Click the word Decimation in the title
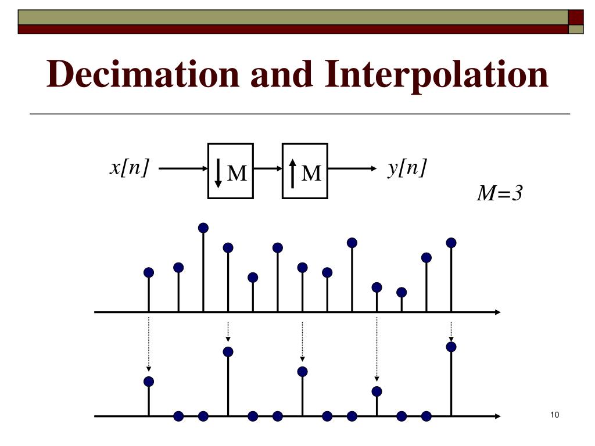[142, 75]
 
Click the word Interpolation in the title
[436, 75]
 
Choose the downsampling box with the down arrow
[231, 171]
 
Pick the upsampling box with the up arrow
[305, 171]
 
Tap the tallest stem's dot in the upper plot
[203, 228]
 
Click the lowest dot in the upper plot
[402, 292]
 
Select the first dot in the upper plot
[149, 272]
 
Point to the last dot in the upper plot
[451, 243]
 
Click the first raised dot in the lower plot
[149, 382]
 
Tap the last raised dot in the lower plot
[451, 347]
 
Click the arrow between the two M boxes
[268, 169]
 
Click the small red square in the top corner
[576, 17]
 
